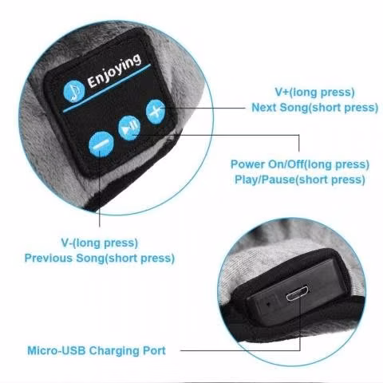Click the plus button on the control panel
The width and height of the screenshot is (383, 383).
(156, 112)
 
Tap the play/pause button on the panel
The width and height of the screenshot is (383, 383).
(129, 128)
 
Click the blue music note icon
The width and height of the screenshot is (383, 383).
(74, 91)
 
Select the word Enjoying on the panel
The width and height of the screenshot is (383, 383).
(114, 70)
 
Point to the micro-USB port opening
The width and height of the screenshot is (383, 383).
(298, 293)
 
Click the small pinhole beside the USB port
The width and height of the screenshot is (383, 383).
(268, 303)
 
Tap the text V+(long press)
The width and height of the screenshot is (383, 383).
(314, 93)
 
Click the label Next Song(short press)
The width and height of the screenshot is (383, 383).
(315, 108)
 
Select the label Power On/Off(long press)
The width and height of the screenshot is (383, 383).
(300, 164)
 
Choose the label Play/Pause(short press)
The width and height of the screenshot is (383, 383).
(300, 180)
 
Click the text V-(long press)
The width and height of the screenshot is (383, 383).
(100, 243)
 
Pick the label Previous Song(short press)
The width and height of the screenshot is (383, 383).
(100, 258)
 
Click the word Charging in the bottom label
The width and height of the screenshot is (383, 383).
(114, 351)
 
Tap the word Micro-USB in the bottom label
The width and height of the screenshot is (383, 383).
(57, 351)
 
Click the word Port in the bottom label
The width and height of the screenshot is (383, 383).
(154, 351)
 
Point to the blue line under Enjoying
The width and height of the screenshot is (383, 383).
(107, 89)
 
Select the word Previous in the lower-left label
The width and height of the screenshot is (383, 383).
(49, 258)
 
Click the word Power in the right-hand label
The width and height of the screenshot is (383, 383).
(247, 164)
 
